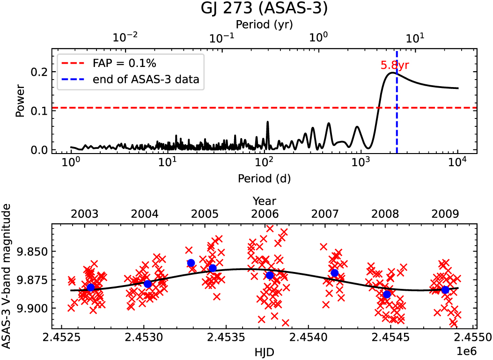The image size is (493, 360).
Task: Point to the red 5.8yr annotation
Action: point(396,66)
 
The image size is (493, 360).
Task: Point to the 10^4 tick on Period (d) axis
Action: point(457,162)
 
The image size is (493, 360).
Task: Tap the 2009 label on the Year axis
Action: point(445,214)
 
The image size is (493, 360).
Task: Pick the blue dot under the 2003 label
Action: point(91,287)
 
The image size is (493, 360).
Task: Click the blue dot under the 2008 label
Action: point(387,294)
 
